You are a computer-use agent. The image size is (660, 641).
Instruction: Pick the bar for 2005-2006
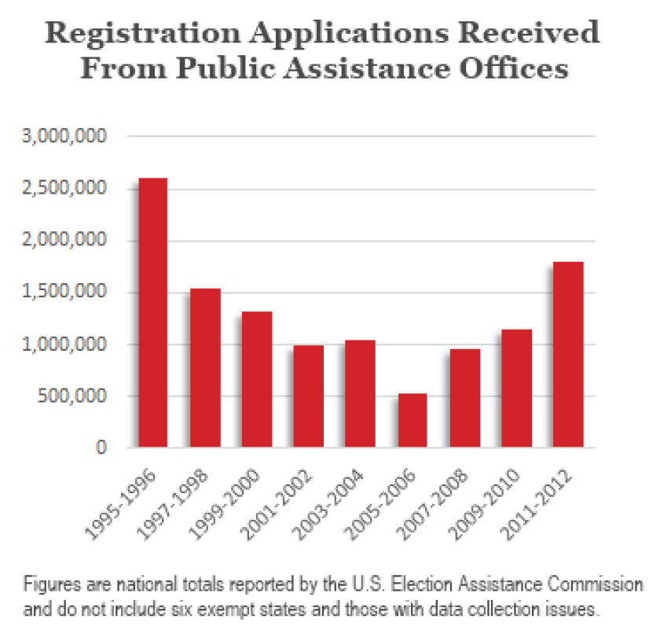412,420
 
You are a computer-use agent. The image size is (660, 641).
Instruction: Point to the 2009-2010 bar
516,389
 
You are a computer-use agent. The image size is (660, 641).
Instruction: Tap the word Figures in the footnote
48,586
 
